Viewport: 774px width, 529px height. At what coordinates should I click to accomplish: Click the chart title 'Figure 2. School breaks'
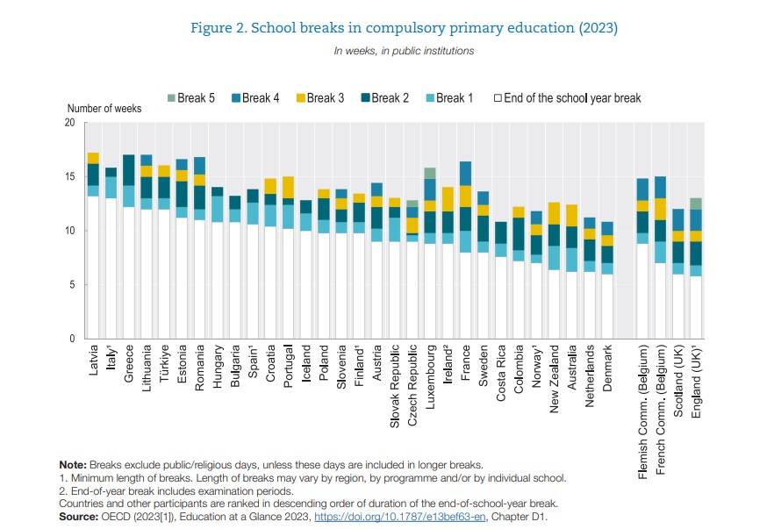[x=404, y=28]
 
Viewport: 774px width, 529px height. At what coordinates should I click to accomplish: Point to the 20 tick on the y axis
[x=69, y=123]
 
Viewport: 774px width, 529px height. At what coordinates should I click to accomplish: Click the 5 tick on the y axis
[x=72, y=285]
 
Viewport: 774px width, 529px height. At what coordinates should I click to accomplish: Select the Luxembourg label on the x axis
[x=430, y=379]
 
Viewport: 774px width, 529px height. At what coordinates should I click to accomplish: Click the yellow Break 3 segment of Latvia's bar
[x=93, y=158]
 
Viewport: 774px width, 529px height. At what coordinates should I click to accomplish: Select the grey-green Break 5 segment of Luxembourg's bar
[x=430, y=173]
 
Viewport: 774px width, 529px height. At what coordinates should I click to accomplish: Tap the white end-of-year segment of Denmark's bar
[x=607, y=306]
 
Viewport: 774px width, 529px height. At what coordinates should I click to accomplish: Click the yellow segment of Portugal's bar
[x=288, y=188]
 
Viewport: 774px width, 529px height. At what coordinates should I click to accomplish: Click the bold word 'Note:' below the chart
[x=73, y=464]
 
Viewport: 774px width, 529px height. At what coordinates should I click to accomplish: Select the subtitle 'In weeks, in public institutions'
[x=404, y=51]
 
